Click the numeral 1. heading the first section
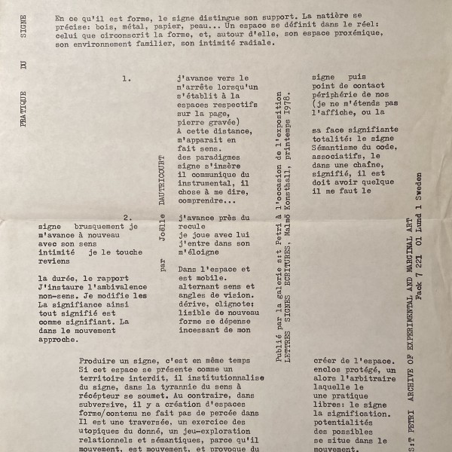(x=126, y=78)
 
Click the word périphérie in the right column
(x=344, y=96)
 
